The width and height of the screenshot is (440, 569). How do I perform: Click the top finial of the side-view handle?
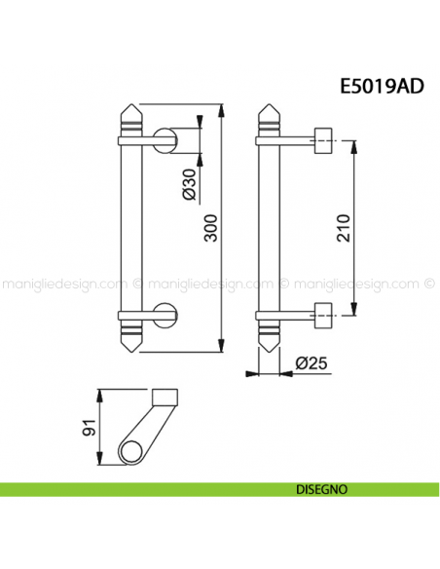click(x=268, y=119)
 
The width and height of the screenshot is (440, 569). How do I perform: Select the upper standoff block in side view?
click(x=322, y=140)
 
